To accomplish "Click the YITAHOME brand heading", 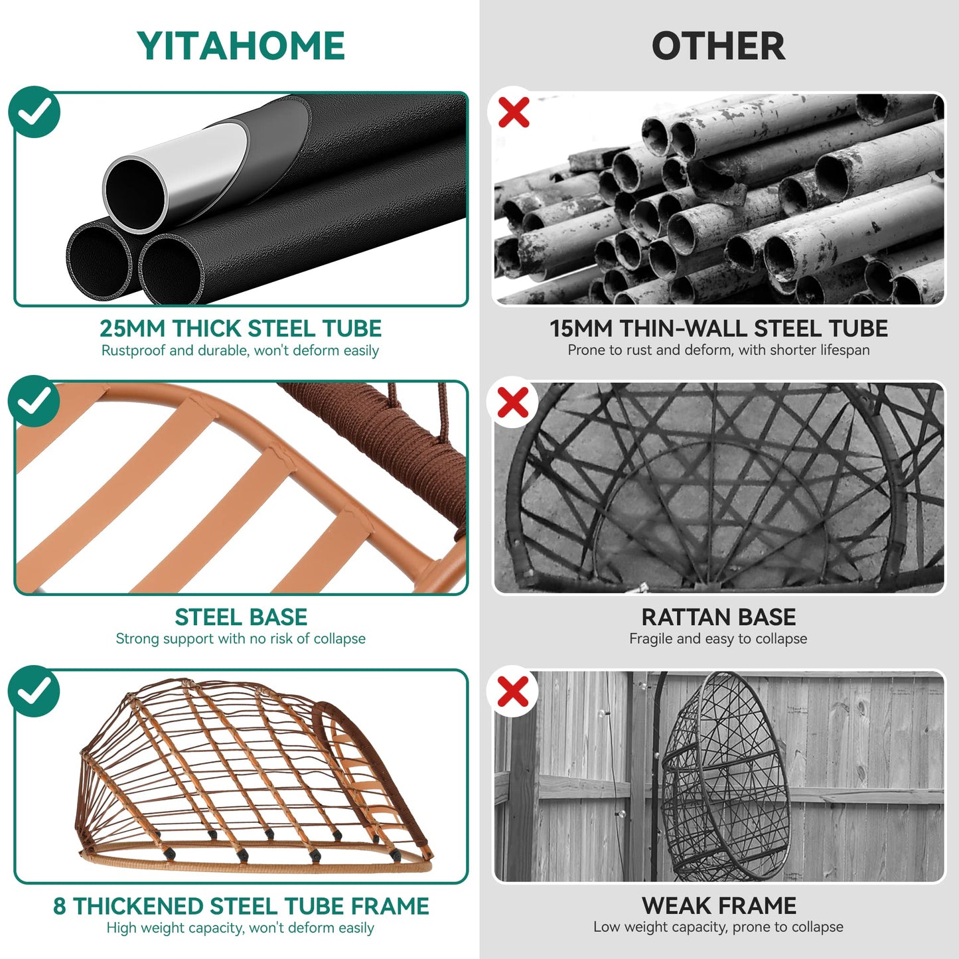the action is point(241,46).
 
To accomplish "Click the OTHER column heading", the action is point(718,46).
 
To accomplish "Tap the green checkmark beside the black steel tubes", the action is point(35,112).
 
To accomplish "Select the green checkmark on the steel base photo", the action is point(35,401).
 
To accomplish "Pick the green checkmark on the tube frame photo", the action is point(35,691).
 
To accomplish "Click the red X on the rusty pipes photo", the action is point(514,112).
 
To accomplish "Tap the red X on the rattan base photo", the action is point(514,402).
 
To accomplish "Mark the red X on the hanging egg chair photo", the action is point(514,692).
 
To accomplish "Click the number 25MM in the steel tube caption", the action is point(132,329).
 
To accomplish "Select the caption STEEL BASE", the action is point(241,617).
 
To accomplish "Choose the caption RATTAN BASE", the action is point(718,617).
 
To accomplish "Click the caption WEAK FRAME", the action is point(719,906).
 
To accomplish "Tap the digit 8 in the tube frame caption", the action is point(60,907).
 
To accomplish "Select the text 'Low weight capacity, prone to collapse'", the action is point(718,927).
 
